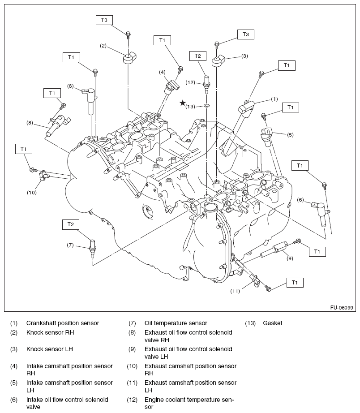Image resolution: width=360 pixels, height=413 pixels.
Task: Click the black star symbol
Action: click(183, 103)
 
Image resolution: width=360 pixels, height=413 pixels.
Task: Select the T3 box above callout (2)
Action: click(104, 20)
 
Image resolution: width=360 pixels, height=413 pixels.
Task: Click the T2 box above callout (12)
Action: click(198, 56)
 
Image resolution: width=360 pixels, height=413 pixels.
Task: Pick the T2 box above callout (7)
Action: click(71, 224)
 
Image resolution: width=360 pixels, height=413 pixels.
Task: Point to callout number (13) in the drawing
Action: click(190, 106)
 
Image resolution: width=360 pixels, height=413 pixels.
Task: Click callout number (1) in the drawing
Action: click(274, 99)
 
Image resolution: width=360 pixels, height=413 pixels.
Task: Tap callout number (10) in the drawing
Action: click(31, 193)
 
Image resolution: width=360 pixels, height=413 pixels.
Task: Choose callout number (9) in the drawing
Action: click(290, 258)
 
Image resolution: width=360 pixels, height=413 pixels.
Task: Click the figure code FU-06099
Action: click(342, 308)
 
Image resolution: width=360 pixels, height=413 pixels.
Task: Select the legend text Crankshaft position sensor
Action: click(63, 323)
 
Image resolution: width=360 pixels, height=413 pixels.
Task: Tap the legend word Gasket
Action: click(273, 323)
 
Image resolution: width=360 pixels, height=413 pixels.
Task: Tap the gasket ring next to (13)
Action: click(206, 106)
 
